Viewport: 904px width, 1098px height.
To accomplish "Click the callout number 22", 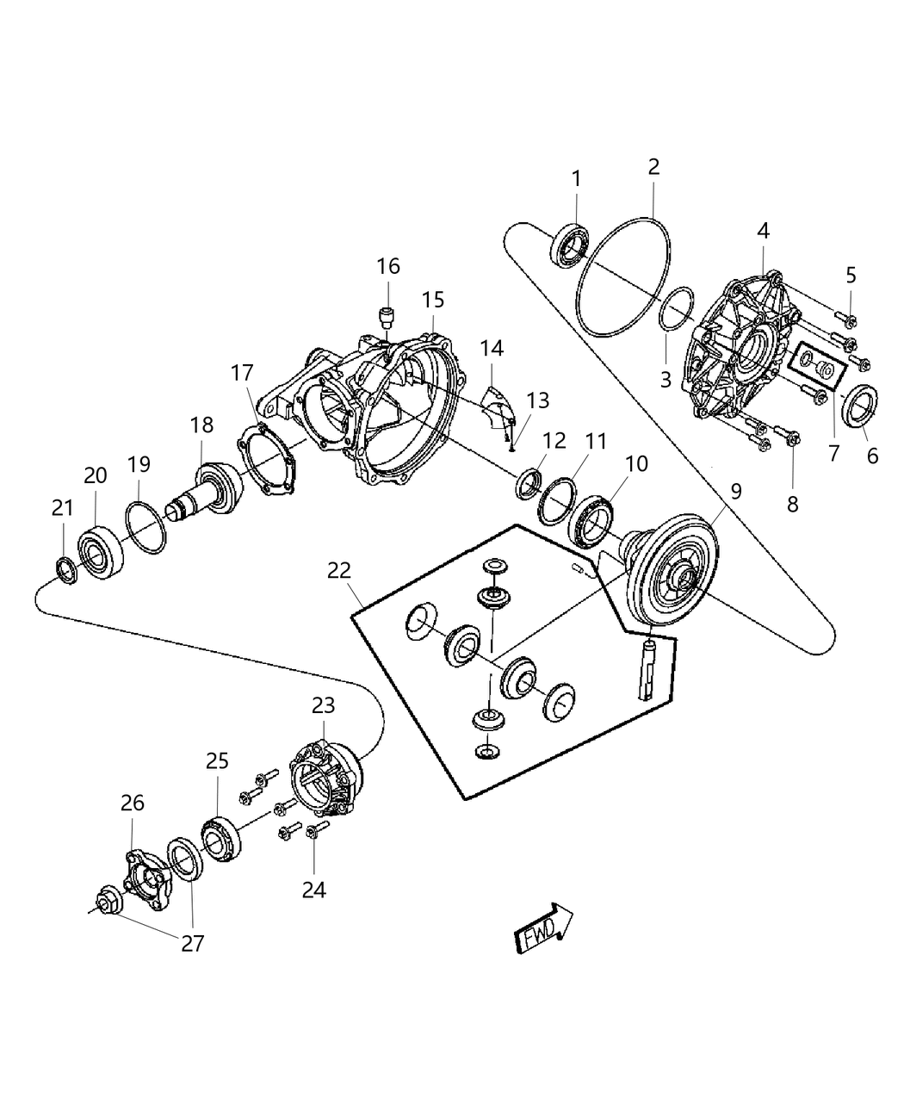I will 340,569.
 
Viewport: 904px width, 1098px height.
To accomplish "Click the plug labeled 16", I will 387,316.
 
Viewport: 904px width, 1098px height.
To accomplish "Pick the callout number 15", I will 432,300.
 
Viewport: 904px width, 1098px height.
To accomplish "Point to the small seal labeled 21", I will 65,569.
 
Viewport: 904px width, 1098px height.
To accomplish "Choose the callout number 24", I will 313,890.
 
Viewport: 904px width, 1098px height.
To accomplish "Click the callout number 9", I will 735,492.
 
